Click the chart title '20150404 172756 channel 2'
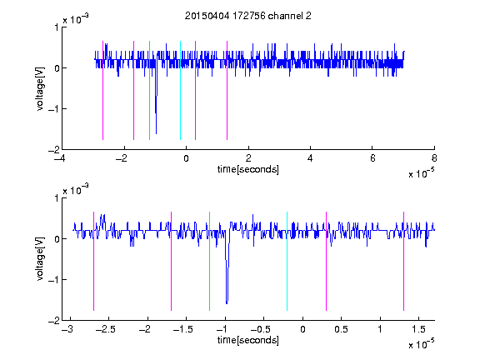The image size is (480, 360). (x=248, y=16)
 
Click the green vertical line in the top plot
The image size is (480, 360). (x=149, y=90)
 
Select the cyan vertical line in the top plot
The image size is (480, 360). (x=180, y=90)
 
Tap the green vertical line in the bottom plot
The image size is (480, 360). (x=209, y=261)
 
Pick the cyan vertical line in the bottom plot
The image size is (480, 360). (x=287, y=261)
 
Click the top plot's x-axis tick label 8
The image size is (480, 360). (x=434, y=158)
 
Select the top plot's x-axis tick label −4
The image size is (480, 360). (x=59, y=158)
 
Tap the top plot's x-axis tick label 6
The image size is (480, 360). (x=372, y=158)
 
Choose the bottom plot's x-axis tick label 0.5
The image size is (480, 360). (x=341, y=329)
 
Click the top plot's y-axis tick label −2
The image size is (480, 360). (x=53, y=150)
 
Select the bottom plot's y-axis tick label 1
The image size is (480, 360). (x=57, y=198)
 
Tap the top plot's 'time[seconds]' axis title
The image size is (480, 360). (x=248, y=169)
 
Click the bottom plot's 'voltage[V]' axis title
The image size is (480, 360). (x=40, y=258)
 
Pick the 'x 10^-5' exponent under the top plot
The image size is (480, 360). (x=421, y=173)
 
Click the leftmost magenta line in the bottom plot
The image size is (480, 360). (x=93, y=261)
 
